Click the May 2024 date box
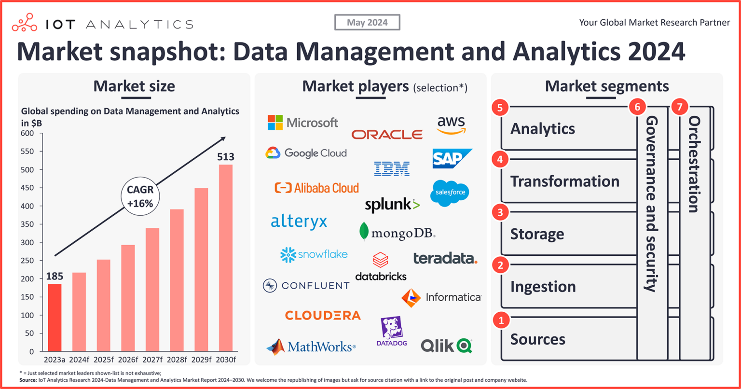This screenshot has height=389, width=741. pyautogui.click(x=367, y=22)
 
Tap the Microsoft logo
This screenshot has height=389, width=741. pyautogui.click(x=303, y=123)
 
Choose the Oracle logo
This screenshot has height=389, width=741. pyautogui.click(x=387, y=134)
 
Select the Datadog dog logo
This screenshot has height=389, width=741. pyautogui.click(x=391, y=331)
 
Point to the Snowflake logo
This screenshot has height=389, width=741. pyautogui.click(x=314, y=254)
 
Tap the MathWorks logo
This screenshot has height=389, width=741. pyautogui.click(x=311, y=347)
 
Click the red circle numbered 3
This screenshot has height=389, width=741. pyautogui.click(x=501, y=212)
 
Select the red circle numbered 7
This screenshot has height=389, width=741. pyautogui.click(x=680, y=108)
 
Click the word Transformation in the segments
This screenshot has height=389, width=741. pyautogui.click(x=564, y=181)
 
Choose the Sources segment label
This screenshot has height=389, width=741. pyautogui.click(x=537, y=339)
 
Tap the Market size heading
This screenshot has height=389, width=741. pyautogui.click(x=134, y=86)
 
